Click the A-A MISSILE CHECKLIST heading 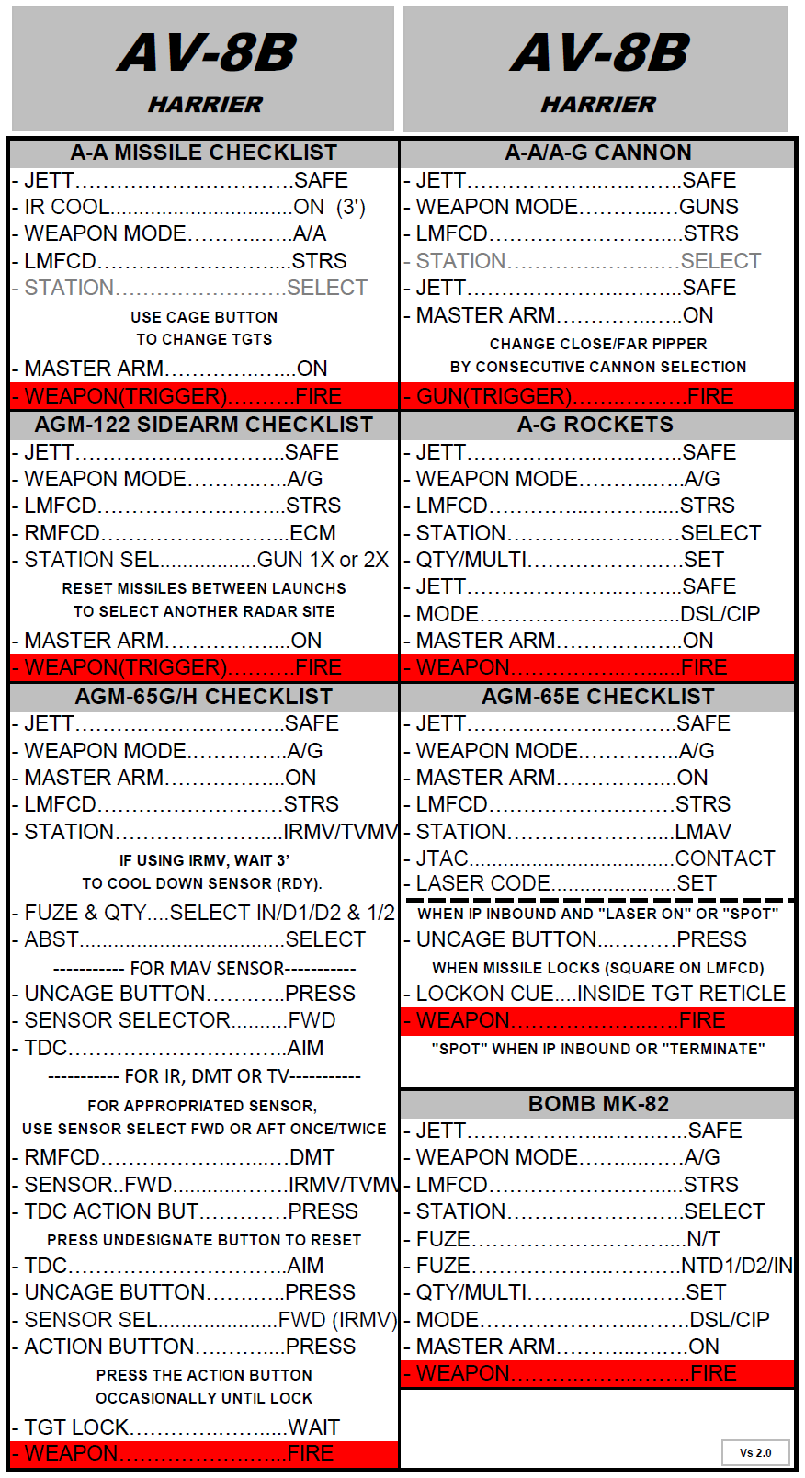pos(204,153)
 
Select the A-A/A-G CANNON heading pos(598,153)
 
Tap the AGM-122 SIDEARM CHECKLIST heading pos(204,425)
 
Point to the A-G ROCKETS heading pos(595,425)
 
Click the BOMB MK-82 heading pos(598,1104)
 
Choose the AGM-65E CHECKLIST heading pos(598,697)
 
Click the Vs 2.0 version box pos(755,1453)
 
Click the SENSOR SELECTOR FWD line pos(180,1020)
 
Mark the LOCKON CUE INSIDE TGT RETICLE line pos(601,994)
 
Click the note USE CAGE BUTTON pos(204,317)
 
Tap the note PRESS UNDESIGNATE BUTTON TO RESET pos(204,1240)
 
